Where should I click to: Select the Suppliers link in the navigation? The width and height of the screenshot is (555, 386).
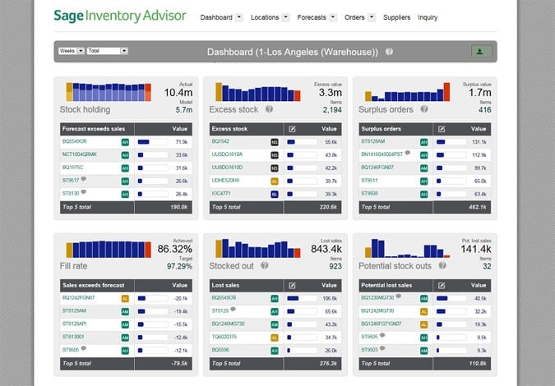pyautogui.click(x=398, y=17)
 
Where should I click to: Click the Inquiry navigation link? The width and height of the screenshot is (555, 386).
pyautogui.click(x=428, y=17)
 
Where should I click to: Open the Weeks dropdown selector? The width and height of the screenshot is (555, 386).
pyautogui.click(x=70, y=51)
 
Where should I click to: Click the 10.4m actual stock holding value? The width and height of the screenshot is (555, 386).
pyautogui.click(x=179, y=94)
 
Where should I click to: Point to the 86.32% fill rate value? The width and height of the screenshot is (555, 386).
pyautogui.click(x=175, y=248)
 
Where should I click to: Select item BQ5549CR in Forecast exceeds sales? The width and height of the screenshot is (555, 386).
pyautogui.click(x=75, y=142)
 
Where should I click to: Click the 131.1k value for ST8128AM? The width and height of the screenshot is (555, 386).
pyautogui.click(x=479, y=142)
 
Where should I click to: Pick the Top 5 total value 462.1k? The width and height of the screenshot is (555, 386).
pyautogui.click(x=478, y=208)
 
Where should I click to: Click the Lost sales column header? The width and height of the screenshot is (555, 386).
pyautogui.click(x=226, y=285)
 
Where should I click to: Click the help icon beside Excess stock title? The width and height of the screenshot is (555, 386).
pyautogui.click(x=269, y=109)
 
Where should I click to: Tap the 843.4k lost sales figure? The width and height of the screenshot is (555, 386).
pyautogui.click(x=325, y=248)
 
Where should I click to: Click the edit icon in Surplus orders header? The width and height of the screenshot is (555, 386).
pyautogui.click(x=441, y=129)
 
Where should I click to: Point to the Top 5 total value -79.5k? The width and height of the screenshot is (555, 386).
pyautogui.click(x=178, y=364)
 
